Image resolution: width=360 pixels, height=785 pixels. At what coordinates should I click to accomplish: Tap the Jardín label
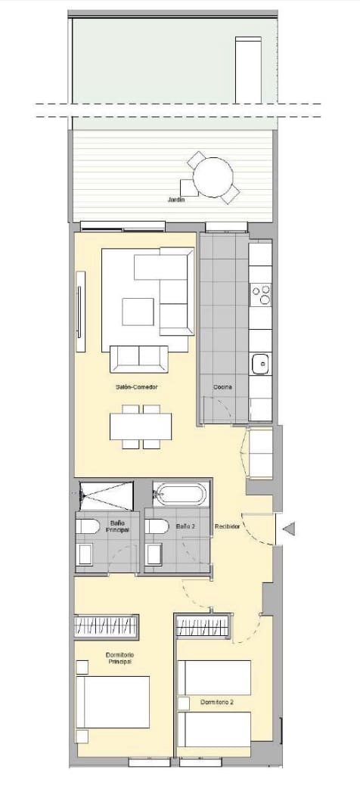tap(176, 200)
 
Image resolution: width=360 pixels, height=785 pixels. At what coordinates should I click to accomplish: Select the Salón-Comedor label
tap(137, 386)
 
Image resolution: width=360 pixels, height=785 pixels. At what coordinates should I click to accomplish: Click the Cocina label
tap(222, 386)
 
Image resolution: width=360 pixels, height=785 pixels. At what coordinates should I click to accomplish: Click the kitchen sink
tap(260, 364)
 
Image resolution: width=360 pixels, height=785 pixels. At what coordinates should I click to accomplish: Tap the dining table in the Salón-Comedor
tap(141, 427)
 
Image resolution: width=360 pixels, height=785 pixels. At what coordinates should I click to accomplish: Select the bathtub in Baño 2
tap(179, 495)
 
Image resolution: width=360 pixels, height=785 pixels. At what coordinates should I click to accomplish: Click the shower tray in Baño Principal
tap(106, 495)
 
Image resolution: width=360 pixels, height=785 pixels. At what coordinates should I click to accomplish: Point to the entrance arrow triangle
tap(290, 530)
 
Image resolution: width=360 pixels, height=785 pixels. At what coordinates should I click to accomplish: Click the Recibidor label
tap(227, 526)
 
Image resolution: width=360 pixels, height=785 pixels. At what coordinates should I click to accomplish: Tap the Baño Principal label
tap(118, 526)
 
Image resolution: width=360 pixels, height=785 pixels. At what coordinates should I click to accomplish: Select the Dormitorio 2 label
tap(217, 703)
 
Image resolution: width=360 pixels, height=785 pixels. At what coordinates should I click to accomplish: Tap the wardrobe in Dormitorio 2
tap(203, 627)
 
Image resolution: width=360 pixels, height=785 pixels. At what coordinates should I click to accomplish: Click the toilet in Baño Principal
tap(85, 527)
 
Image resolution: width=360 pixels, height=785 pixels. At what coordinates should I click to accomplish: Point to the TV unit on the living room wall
tap(80, 312)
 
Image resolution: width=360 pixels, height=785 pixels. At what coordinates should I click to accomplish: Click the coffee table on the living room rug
tap(138, 312)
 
